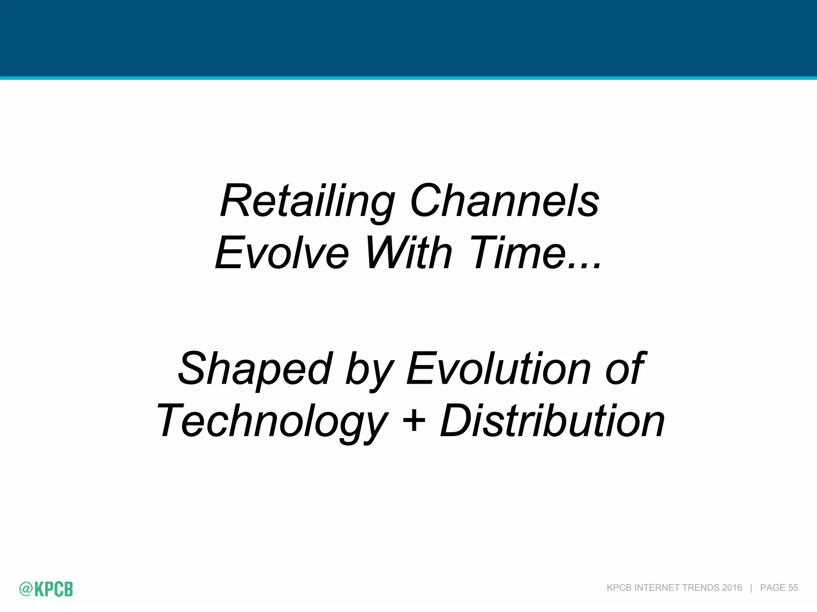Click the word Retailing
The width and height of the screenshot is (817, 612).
pos(307,202)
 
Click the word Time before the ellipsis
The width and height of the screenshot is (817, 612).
pos(519,253)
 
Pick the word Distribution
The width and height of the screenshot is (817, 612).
pos(552,421)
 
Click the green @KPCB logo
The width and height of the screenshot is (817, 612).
pos(46,589)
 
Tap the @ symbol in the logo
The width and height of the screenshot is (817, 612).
pos(26,589)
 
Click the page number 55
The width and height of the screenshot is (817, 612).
pos(793,588)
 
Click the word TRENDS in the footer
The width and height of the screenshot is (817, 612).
pos(701,588)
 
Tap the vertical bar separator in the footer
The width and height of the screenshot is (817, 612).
pos(751,588)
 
